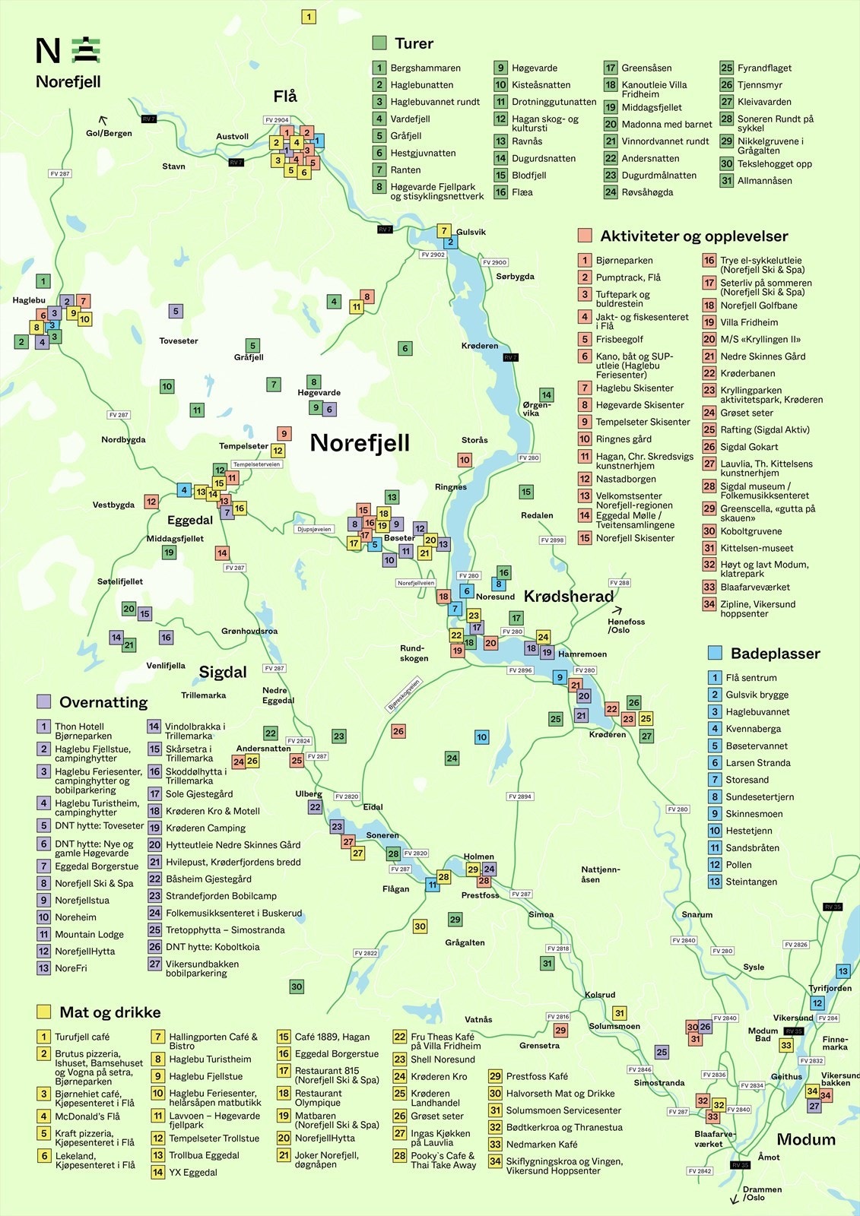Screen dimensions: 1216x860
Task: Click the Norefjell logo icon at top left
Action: tap(86, 50)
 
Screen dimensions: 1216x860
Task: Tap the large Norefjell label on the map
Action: tap(360, 442)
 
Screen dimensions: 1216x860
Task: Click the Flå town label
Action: tap(285, 97)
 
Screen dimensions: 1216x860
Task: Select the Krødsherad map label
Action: tap(569, 597)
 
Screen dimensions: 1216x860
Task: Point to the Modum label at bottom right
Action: tap(806, 1139)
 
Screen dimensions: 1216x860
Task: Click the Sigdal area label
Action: tap(223, 672)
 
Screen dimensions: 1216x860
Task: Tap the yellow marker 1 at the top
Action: tap(309, 17)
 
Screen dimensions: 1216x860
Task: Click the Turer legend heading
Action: tap(414, 43)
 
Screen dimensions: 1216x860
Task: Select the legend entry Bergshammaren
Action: tap(425, 68)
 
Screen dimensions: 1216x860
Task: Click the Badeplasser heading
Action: tap(775, 654)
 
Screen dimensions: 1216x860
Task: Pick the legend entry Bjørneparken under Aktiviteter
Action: tap(624, 261)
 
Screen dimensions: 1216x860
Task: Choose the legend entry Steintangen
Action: tap(751, 882)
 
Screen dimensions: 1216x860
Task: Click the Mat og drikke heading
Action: tap(109, 1012)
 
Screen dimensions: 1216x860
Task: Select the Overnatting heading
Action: tap(103, 702)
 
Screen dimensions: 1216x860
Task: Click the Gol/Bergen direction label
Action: tap(109, 133)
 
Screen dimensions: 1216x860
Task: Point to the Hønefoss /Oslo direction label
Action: tap(626, 625)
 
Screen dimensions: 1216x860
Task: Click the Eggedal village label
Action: tap(190, 520)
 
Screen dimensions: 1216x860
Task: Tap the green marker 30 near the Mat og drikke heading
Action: tap(297, 986)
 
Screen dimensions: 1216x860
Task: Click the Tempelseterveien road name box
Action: tap(256, 464)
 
